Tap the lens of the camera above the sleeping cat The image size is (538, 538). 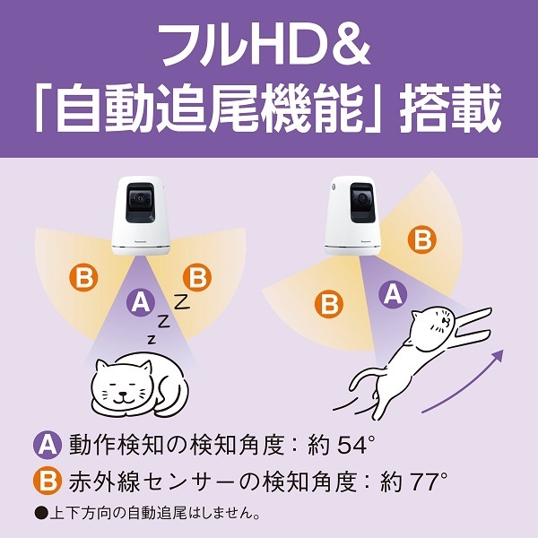pyautogui.click(x=138, y=200)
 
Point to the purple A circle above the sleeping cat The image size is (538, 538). pyautogui.click(x=139, y=303)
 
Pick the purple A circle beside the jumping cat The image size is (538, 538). pyautogui.click(x=390, y=291)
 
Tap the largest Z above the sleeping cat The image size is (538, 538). pyautogui.click(x=181, y=302)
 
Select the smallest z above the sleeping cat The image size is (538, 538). pyautogui.click(x=152, y=339)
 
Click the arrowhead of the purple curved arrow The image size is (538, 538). pyautogui.click(x=495, y=357)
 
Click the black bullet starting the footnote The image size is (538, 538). pyautogui.click(x=39, y=515)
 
